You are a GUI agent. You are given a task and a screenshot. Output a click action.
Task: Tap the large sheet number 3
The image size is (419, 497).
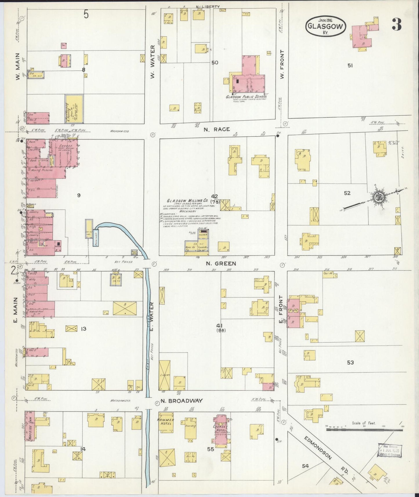(x=397, y=25)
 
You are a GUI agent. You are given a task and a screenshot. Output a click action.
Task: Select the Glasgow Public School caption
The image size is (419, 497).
(x=246, y=97)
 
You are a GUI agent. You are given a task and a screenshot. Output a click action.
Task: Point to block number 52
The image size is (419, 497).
(x=347, y=193)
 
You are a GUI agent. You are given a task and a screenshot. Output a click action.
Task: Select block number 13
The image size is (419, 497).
(x=84, y=329)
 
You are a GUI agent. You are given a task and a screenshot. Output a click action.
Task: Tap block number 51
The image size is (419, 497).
(x=350, y=66)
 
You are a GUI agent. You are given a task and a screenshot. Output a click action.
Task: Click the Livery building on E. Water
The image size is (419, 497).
(x=164, y=375)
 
